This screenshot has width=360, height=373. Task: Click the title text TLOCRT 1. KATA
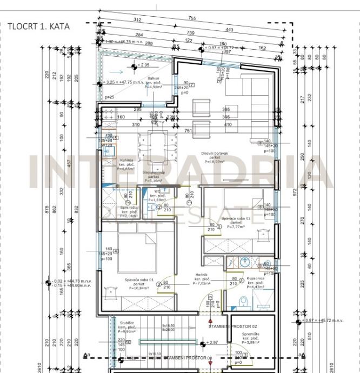[38, 25]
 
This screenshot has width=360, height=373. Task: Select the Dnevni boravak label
[215, 154]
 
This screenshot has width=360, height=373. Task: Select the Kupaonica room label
[255, 279]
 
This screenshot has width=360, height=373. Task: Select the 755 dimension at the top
[192, 18]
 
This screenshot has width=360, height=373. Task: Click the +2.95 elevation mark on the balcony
[143, 65]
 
